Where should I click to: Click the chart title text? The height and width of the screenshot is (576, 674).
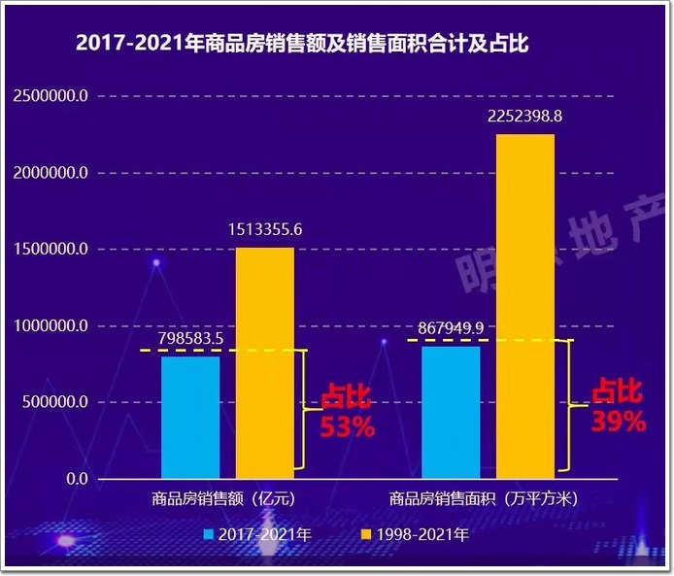[302, 45]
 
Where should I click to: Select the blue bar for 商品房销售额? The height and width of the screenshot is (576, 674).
[190, 418]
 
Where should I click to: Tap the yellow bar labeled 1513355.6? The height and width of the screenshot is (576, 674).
[264, 363]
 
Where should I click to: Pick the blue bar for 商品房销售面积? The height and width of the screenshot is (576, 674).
[451, 412]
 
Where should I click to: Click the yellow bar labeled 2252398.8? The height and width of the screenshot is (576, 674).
[525, 306]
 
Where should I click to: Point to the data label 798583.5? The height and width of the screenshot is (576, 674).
[190, 338]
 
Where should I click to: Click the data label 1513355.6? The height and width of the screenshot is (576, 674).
[265, 230]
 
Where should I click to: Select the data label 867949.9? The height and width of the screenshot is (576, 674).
[451, 328]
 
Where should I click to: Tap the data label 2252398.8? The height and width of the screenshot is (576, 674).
[525, 117]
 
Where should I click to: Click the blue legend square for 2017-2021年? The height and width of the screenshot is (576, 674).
[209, 534]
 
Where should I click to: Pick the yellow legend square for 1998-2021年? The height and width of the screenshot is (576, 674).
[366, 534]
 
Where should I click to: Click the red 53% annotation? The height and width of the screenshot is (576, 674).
[348, 427]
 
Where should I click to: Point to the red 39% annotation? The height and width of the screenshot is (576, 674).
[619, 421]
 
